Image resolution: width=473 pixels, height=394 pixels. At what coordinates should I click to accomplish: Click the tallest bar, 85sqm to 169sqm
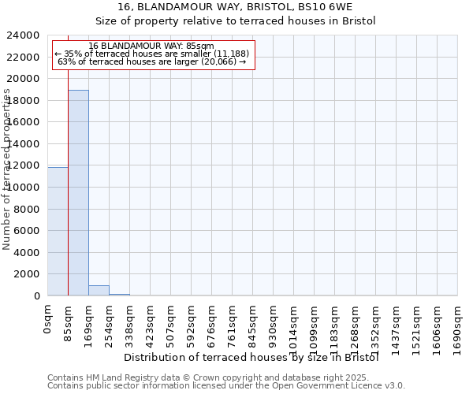[78, 193]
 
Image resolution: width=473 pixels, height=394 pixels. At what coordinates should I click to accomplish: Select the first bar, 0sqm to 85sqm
[58, 232]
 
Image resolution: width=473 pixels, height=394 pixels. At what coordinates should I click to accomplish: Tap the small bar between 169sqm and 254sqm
[99, 291]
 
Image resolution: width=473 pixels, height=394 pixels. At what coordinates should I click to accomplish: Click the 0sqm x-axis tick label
[48, 319]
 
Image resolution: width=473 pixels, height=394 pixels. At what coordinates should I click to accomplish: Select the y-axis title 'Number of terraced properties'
[7, 169]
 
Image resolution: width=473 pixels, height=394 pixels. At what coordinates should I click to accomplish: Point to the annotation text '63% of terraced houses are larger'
[154, 61]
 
